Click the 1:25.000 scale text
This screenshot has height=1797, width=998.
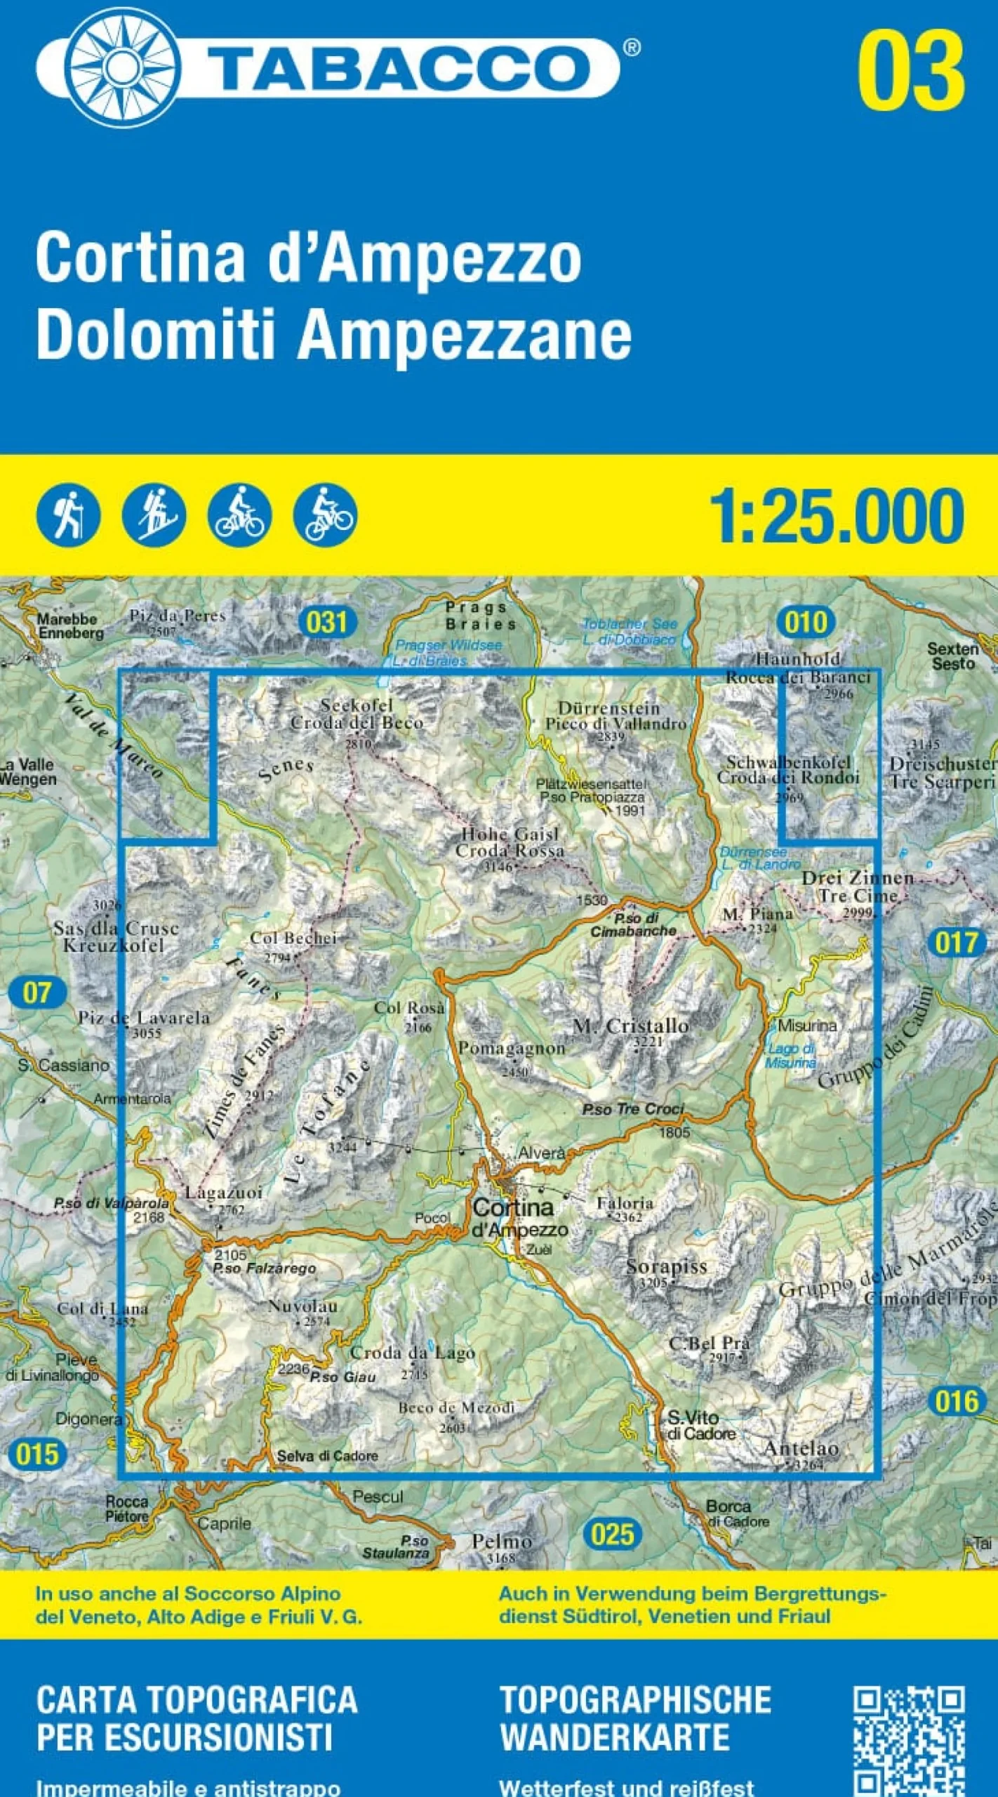click(837, 517)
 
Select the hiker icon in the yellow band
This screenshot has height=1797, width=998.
click(68, 516)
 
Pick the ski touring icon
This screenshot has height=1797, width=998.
click(154, 516)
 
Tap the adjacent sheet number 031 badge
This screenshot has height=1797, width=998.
click(327, 622)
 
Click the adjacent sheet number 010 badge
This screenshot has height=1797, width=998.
click(806, 622)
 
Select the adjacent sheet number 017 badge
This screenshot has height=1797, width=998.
click(957, 942)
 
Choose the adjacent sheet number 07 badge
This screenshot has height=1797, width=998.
click(37, 993)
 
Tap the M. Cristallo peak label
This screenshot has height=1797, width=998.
click(631, 1026)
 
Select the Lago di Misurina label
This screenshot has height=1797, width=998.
click(791, 1056)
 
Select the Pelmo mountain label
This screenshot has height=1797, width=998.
click(501, 1541)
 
